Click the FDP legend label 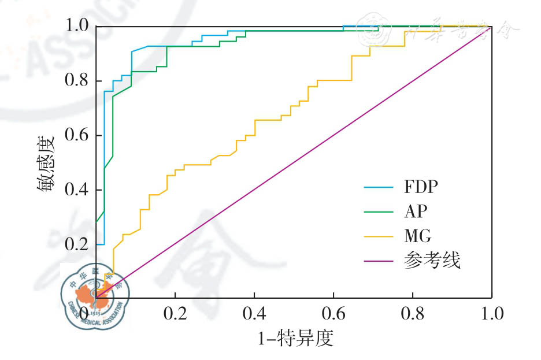(422, 188)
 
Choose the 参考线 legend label (432, 261)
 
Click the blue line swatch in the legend (379, 188)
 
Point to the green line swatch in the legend (379, 212)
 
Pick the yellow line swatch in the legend (379, 237)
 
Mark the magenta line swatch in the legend (379, 262)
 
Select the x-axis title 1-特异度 (295, 337)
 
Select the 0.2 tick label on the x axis (175, 314)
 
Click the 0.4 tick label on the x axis (254, 314)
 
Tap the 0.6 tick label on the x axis (334, 314)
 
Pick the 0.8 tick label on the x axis (413, 314)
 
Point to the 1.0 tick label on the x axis (491, 314)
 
